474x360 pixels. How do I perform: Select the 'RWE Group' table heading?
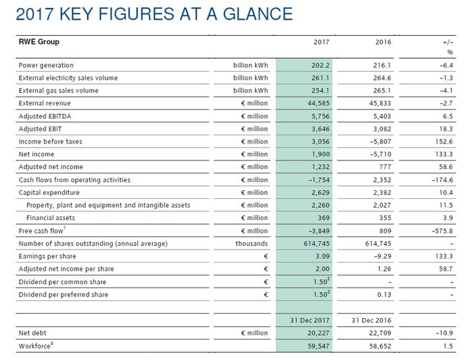[39, 42]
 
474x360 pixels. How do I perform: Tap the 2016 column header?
[383, 43]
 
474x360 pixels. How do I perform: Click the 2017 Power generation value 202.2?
[320, 65]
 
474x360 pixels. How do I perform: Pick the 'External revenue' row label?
[44, 104]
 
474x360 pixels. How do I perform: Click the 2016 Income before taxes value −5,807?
[381, 141]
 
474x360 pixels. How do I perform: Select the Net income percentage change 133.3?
[443, 154]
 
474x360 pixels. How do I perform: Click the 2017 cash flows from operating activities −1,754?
[318, 180]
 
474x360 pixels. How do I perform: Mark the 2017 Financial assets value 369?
[323, 218]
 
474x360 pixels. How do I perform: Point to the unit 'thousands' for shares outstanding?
[252, 244]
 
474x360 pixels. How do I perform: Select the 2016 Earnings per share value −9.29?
[383, 256]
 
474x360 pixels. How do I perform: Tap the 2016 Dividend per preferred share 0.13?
[384, 295]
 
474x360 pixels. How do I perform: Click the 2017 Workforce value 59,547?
[318, 346]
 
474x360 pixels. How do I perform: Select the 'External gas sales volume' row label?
[58, 91]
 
